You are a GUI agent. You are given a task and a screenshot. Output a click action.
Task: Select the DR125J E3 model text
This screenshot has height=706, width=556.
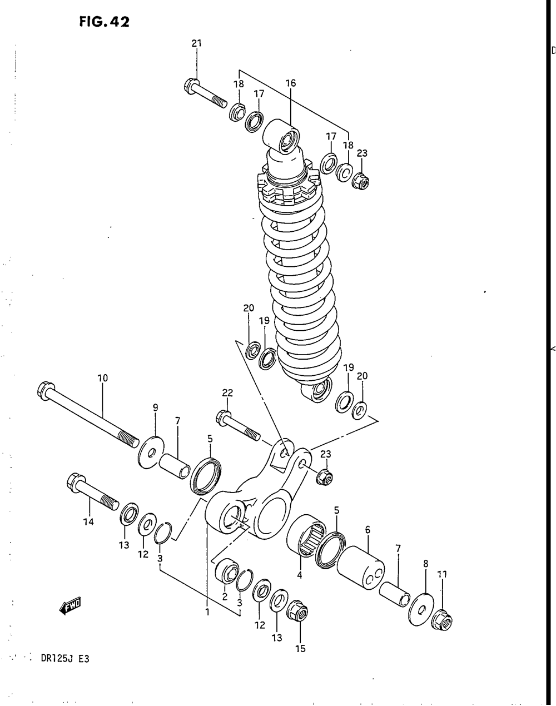[x=65, y=659]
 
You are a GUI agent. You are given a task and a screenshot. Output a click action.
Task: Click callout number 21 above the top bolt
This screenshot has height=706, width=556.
[x=196, y=44]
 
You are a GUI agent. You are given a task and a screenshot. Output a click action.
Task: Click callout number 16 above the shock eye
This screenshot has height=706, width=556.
[x=291, y=83]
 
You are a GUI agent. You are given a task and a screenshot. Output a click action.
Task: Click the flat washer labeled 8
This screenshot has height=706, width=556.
[x=421, y=610]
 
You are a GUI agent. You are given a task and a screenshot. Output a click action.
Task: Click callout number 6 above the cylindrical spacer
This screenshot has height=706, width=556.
[x=368, y=530]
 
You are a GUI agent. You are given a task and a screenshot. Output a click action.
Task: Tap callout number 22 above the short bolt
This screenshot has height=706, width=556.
[x=227, y=393]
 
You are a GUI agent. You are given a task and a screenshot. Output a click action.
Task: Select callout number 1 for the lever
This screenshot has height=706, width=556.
[x=207, y=613]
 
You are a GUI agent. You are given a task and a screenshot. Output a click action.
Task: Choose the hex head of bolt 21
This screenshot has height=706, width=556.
[x=190, y=86]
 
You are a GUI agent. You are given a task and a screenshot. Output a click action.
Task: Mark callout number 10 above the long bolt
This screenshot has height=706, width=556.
[x=102, y=378]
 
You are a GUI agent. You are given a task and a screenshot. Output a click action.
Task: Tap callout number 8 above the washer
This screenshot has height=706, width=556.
[x=426, y=563]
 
